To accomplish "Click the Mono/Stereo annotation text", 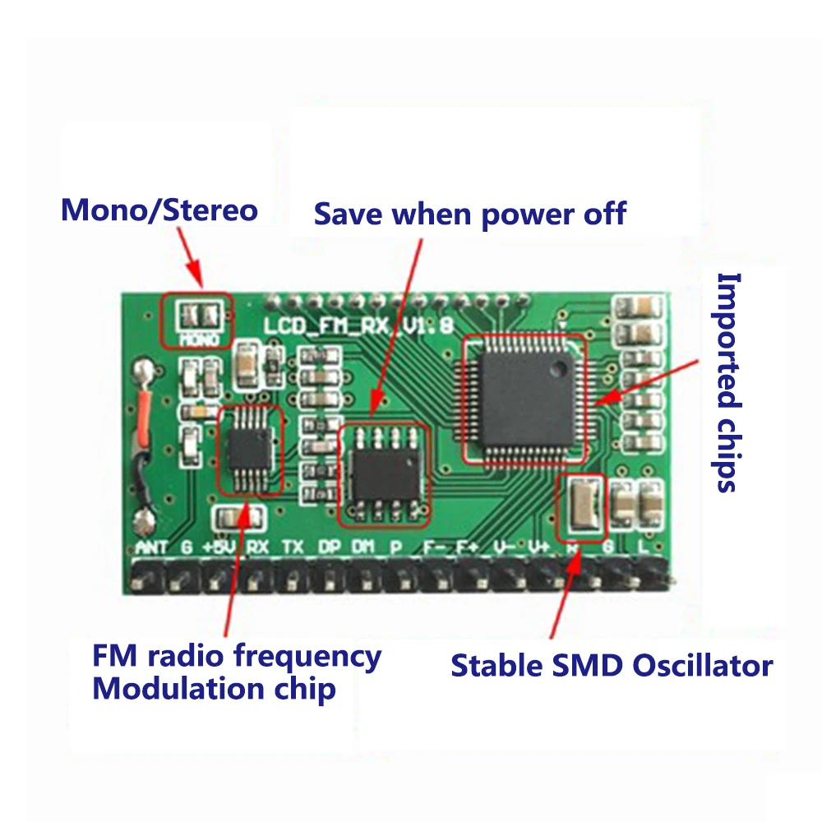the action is pos(159,210).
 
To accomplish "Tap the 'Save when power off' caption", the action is pos(470,214).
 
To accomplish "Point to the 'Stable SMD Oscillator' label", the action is pos(612,665).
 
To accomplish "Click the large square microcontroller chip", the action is pos(524,398).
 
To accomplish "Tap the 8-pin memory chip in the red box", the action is pos(385,474).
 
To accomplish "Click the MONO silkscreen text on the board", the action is pos(200,338).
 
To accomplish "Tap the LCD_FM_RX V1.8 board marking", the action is pos(358,326).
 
